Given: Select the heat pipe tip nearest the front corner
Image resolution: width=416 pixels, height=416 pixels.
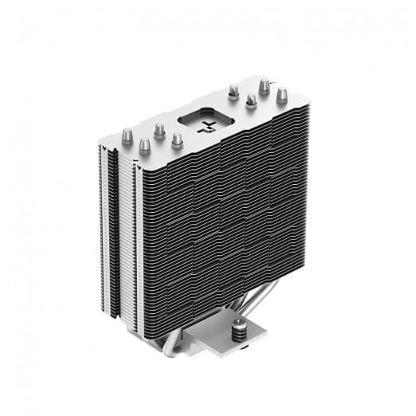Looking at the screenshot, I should [144, 147].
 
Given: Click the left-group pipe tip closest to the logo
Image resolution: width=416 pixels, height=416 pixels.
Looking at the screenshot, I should [176, 140].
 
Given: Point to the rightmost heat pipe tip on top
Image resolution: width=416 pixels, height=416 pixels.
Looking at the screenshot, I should [281, 96].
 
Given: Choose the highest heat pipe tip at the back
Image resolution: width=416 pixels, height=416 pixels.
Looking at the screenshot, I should [264, 84].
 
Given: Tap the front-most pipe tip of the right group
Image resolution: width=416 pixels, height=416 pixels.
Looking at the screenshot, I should [251, 101].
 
